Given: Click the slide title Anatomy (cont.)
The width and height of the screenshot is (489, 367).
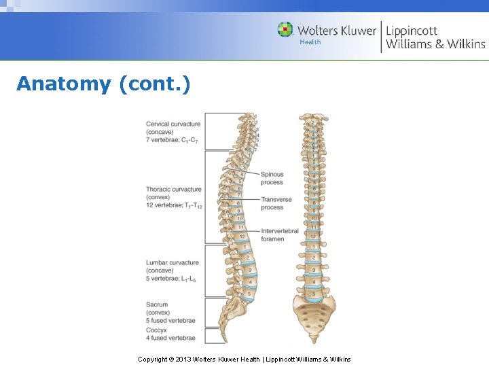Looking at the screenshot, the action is [103, 84].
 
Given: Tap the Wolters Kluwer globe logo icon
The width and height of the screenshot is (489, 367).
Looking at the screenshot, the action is [285, 30].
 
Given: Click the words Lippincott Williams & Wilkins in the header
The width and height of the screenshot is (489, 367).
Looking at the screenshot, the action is [435, 37].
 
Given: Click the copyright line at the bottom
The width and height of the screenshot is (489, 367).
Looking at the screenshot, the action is [244, 359].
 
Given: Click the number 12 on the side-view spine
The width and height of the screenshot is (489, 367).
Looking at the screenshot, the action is [242, 236].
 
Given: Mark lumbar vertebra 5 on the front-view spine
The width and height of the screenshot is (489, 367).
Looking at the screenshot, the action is [314, 294].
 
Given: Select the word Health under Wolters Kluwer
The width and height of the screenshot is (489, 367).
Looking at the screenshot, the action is [310, 42].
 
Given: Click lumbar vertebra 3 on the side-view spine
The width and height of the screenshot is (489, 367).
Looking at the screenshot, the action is [249, 269].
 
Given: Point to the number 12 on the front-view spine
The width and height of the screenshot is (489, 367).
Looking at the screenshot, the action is [313, 236].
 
